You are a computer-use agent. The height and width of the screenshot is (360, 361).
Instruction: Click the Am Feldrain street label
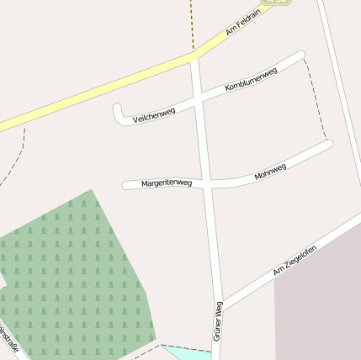coord(244,24)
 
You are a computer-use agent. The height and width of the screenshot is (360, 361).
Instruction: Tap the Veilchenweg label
coord(153,114)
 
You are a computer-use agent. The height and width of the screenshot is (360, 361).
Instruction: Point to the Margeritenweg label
coord(167,183)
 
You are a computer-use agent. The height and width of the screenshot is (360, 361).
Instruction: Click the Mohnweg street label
coord(270,172)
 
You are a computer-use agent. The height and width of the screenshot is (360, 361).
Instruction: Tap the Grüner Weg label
coord(218,320)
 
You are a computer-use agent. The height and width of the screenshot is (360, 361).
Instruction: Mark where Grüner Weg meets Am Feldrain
coord(194,57)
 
